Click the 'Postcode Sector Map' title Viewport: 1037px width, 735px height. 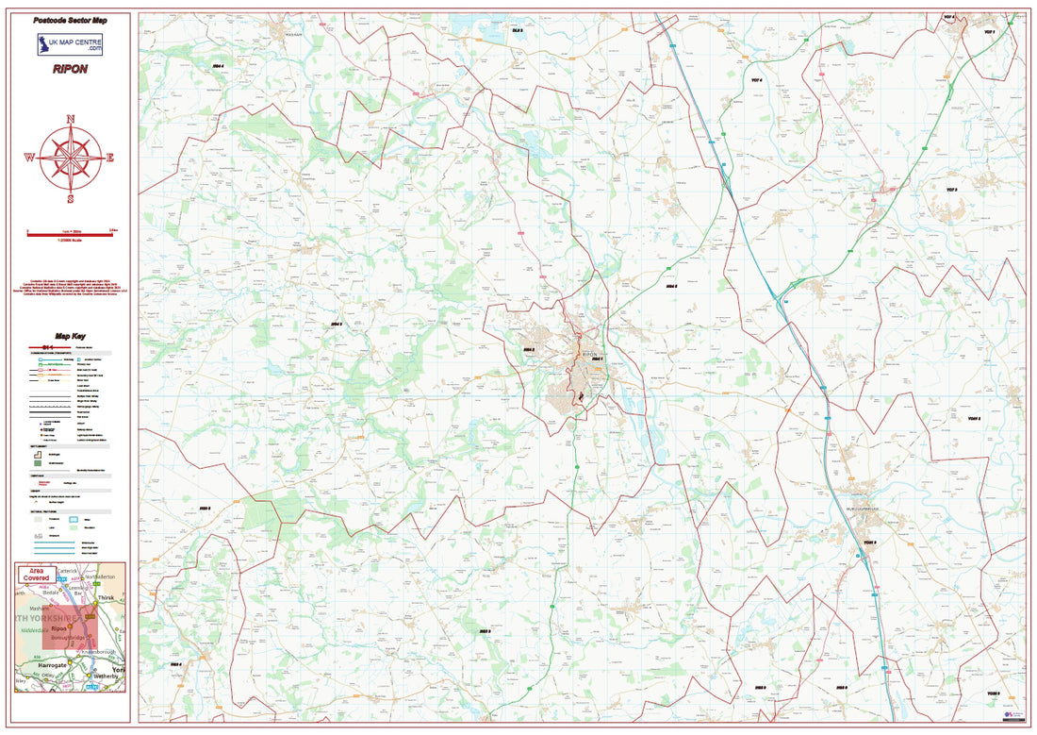click(x=71, y=19)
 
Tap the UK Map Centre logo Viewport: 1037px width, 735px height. click(x=71, y=44)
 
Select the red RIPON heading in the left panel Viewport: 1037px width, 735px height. click(x=71, y=69)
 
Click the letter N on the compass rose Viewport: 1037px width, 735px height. click(x=71, y=119)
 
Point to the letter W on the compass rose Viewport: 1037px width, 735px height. click(x=29, y=158)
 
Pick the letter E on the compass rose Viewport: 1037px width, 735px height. click(x=110, y=158)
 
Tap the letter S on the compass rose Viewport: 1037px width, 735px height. click(x=71, y=199)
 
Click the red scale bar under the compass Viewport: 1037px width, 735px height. click(x=71, y=236)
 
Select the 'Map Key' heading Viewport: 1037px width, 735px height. click(x=71, y=336)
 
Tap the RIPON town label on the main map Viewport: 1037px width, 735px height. click(x=591, y=352)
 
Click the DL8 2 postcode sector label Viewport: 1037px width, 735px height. click(x=517, y=31)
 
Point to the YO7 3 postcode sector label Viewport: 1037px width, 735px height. click(x=951, y=190)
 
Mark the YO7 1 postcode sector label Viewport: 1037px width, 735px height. click(x=990, y=32)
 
